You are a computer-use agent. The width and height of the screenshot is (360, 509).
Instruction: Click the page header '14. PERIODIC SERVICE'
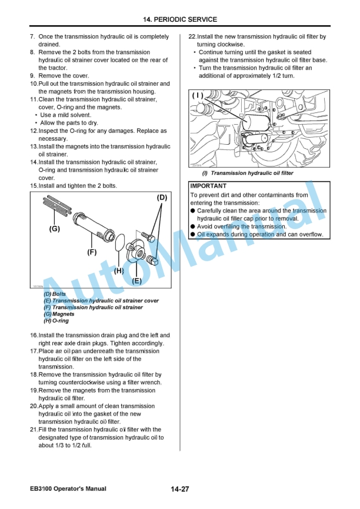click(180, 19)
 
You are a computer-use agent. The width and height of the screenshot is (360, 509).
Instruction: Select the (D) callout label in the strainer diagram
click(162, 197)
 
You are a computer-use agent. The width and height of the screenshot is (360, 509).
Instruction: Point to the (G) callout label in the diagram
click(54, 229)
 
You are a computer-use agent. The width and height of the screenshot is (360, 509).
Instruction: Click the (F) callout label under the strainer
click(91, 252)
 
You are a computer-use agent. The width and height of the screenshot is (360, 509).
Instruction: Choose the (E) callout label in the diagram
click(136, 281)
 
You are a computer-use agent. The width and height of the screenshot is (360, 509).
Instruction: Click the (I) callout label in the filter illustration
click(198, 95)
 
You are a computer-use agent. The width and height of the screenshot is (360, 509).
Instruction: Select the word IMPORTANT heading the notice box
click(208, 186)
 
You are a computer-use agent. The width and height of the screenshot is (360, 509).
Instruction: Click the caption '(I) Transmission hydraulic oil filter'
click(247, 174)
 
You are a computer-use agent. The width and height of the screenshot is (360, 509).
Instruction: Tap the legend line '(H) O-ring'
click(56, 321)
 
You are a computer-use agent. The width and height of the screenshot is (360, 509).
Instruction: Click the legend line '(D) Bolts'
click(55, 294)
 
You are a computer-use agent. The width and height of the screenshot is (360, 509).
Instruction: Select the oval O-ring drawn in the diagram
click(119, 244)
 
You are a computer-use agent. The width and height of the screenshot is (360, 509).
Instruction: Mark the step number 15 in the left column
click(34, 185)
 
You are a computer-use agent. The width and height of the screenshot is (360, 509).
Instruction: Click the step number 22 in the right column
click(192, 36)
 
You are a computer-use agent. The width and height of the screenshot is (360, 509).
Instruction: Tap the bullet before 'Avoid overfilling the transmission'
click(192, 227)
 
